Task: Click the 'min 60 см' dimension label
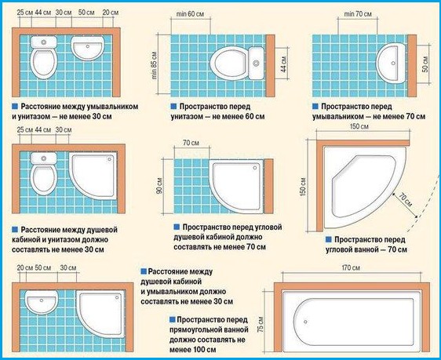coord(190,14)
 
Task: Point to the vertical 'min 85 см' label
coord(154,65)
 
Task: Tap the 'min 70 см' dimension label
coord(358,14)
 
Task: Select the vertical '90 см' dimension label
coord(159,186)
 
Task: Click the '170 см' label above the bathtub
coord(351,267)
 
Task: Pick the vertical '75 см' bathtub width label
coord(261,324)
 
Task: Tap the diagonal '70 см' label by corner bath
coord(405,199)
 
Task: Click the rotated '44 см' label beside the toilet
coord(283,64)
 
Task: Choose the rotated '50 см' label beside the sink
coord(425,64)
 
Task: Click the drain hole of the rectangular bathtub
coord(305,322)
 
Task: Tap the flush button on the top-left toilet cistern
coord(44,42)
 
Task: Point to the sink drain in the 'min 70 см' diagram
coord(393,64)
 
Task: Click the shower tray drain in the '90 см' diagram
coord(255,168)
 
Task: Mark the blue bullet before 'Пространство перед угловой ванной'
coord(329,239)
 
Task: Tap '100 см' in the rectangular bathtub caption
coord(205,350)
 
